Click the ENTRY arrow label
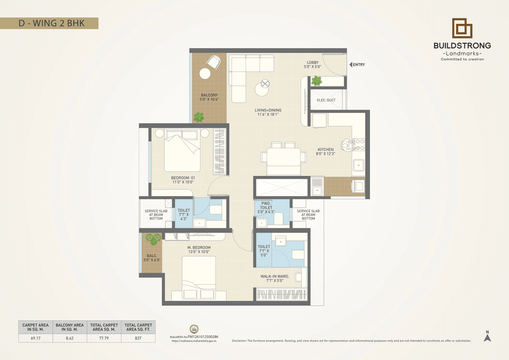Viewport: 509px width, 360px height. pyautogui.click(x=357, y=64)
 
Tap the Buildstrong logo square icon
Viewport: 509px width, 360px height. pyautogui.click(x=462, y=28)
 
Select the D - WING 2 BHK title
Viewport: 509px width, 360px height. pyautogui.click(x=52, y=23)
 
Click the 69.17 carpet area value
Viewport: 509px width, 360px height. pyautogui.click(x=35, y=338)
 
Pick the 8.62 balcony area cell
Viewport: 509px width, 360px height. pyautogui.click(x=70, y=338)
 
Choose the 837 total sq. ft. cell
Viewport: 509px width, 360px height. pyautogui.click(x=138, y=338)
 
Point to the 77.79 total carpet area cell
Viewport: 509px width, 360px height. pyautogui.click(x=104, y=338)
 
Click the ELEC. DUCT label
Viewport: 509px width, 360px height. pyautogui.click(x=326, y=100)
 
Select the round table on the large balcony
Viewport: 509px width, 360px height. pyautogui.click(x=205, y=74)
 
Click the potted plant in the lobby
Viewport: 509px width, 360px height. pyautogui.click(x=317, y=81)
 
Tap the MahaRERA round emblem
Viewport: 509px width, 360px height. pyautogui.click(x=194, y=329)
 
